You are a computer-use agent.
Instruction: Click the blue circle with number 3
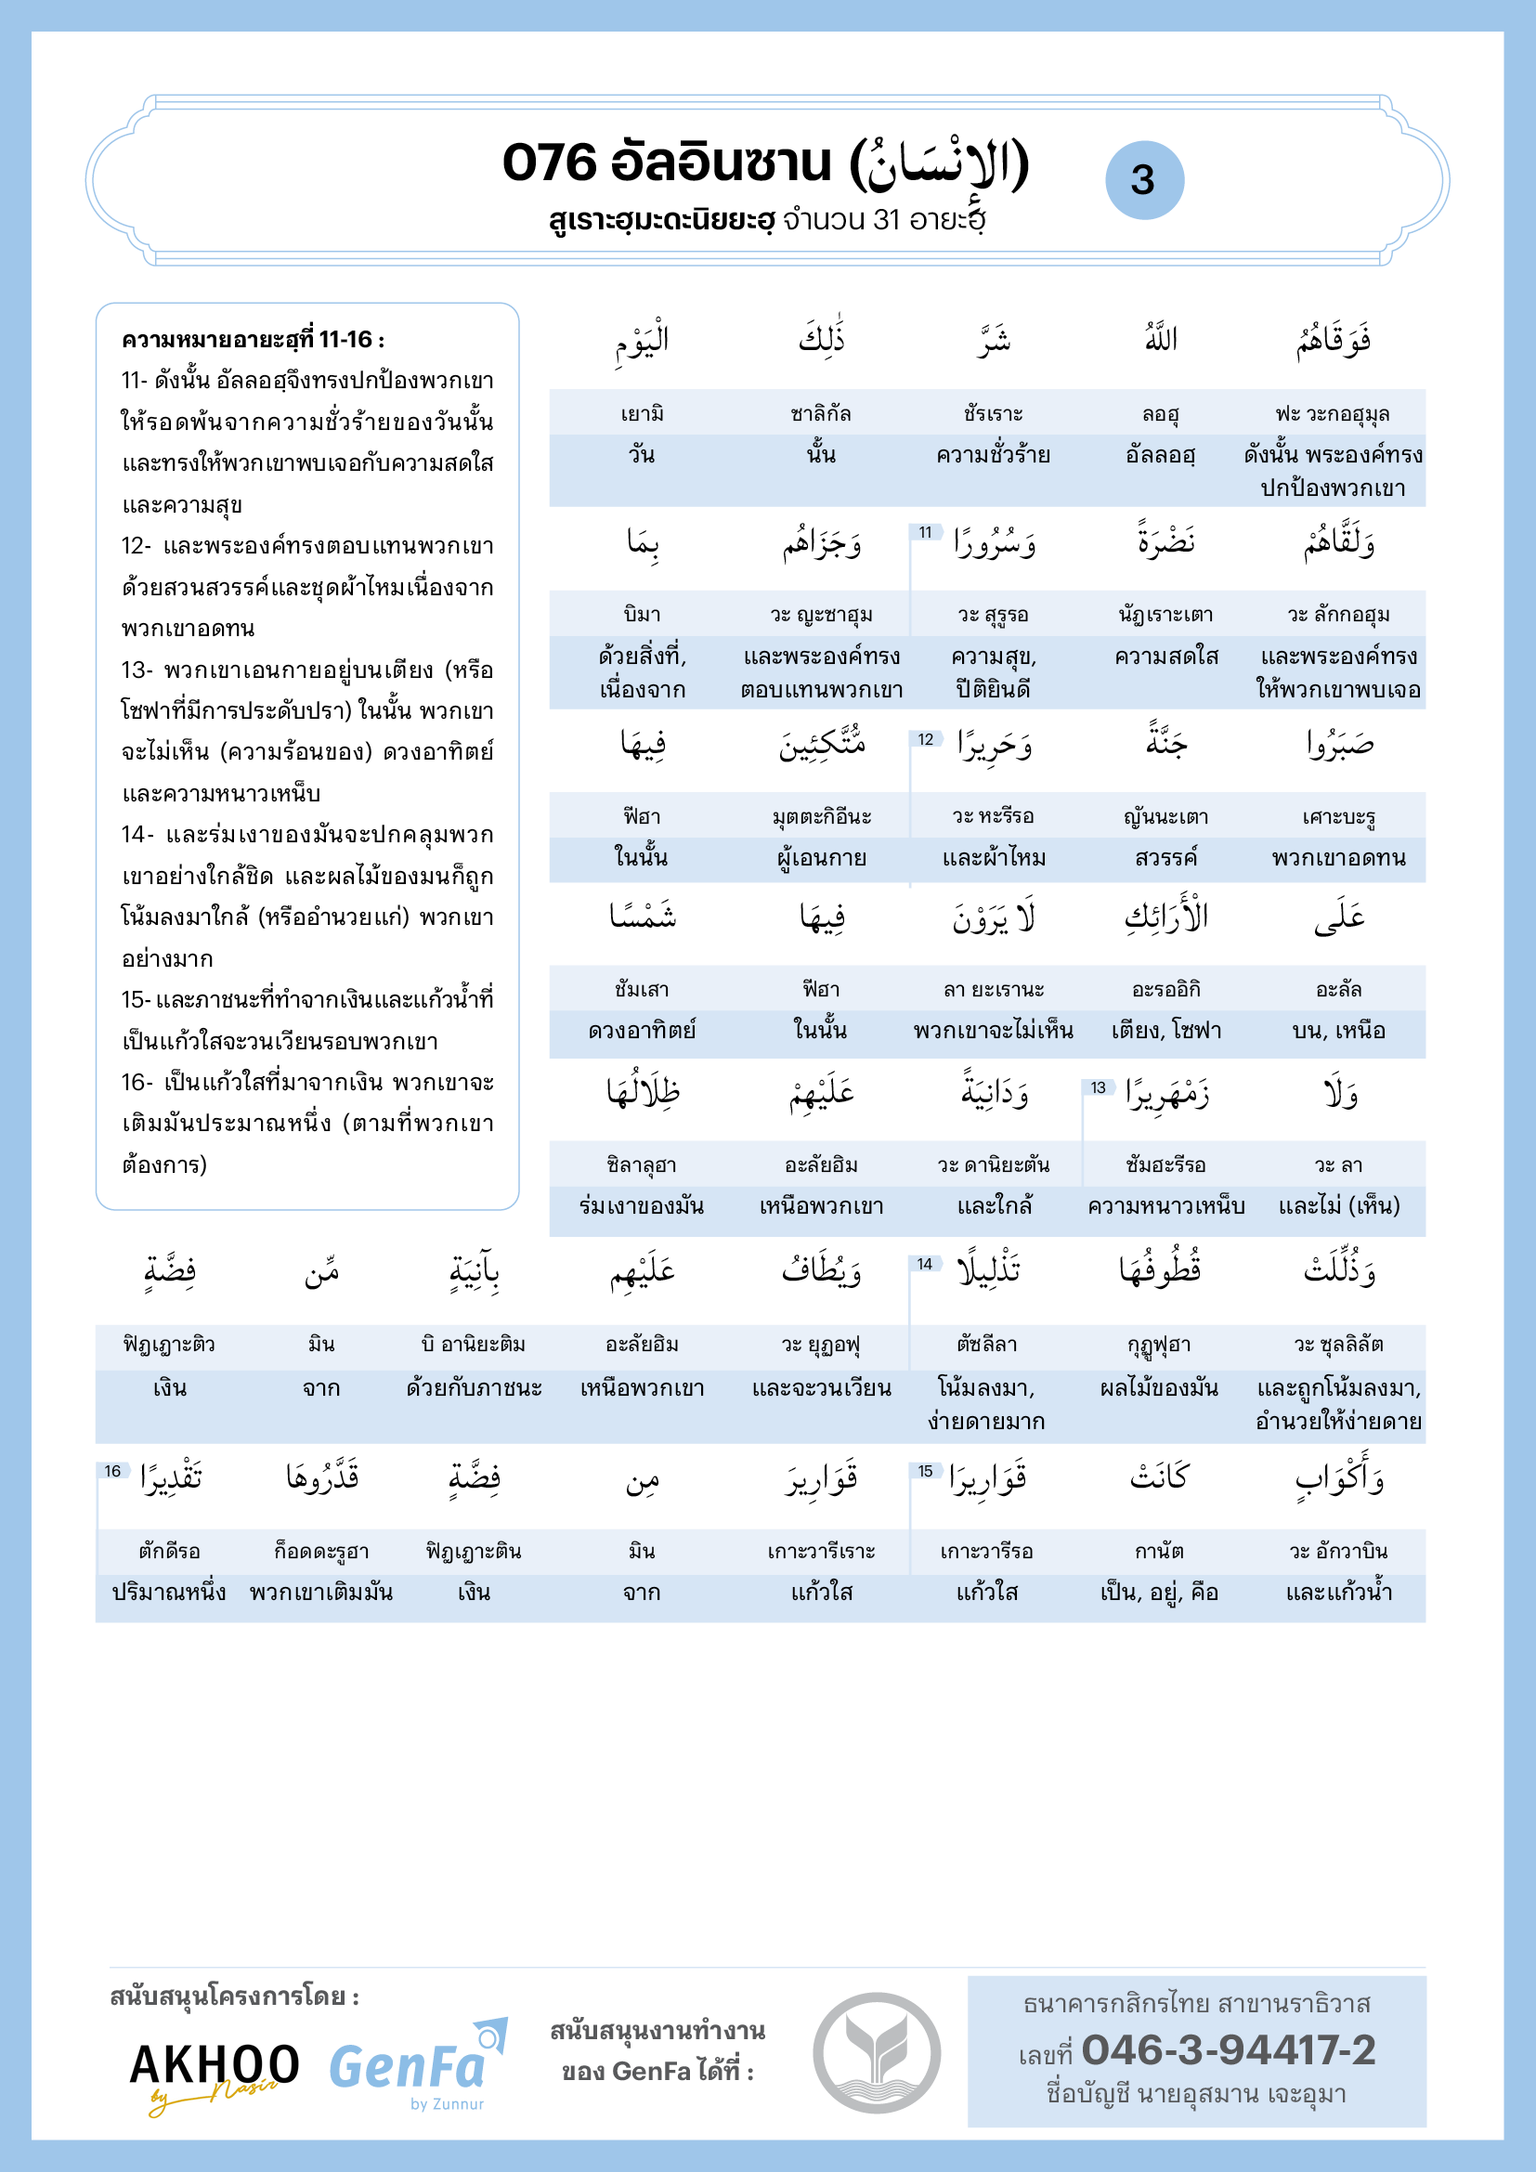click(1143, 180)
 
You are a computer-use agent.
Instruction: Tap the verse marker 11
click(925, 533)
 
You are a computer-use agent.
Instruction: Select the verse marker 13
click(1097, 1088)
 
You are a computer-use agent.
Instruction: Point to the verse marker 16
click(112, 1471)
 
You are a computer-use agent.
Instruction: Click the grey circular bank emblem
click(876, 2052)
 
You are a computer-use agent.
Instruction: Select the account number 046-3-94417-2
click(1228, 2051)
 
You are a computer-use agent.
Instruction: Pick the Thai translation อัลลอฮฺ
click(1161, 455)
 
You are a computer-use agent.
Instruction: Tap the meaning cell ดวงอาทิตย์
click(642, 1030)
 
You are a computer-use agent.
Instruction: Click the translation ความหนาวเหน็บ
click(1165, 1206)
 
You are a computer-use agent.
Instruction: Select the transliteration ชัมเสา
click(642, 990)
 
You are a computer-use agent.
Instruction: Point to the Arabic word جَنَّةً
click(1166, 743)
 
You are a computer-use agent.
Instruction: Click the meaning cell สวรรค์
click(1165, 858)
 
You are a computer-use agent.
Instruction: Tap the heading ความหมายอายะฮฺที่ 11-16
click(253, 340)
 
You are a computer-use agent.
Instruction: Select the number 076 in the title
click(550, 163)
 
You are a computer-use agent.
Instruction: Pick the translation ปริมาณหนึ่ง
click(169, 1593)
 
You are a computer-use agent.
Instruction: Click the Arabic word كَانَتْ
click(1160, 1476)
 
